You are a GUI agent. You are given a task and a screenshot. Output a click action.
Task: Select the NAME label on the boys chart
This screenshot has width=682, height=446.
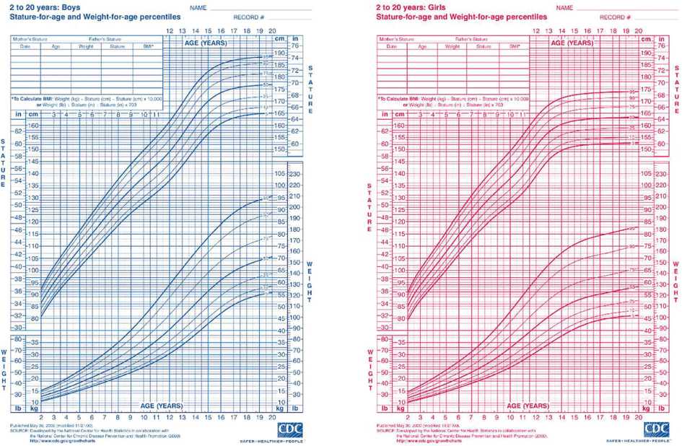pyautogui.click(x=199, y=7)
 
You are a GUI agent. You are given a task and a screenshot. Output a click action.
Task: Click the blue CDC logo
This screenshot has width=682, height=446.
pyautogui.click(x=290, y=429)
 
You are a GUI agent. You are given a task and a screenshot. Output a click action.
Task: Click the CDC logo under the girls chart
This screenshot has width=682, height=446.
pyautogui.click(x=657, y=429)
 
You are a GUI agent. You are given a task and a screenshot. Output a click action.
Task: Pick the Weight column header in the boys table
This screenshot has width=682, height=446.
pyautogui.click(x=87, y=46)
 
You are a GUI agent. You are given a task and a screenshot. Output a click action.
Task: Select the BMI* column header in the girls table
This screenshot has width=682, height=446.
pyautogui.click(x=515, y=46)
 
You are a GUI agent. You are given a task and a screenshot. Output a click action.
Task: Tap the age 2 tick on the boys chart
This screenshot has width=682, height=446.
pyautogui.click(x=41, y=418)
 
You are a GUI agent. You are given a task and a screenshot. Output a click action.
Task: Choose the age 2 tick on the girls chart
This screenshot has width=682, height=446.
pyautogui.click(x=408, y=418)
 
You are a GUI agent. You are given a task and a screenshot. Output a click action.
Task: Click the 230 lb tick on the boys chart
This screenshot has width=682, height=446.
pyautogui.click(x=295, y=175)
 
